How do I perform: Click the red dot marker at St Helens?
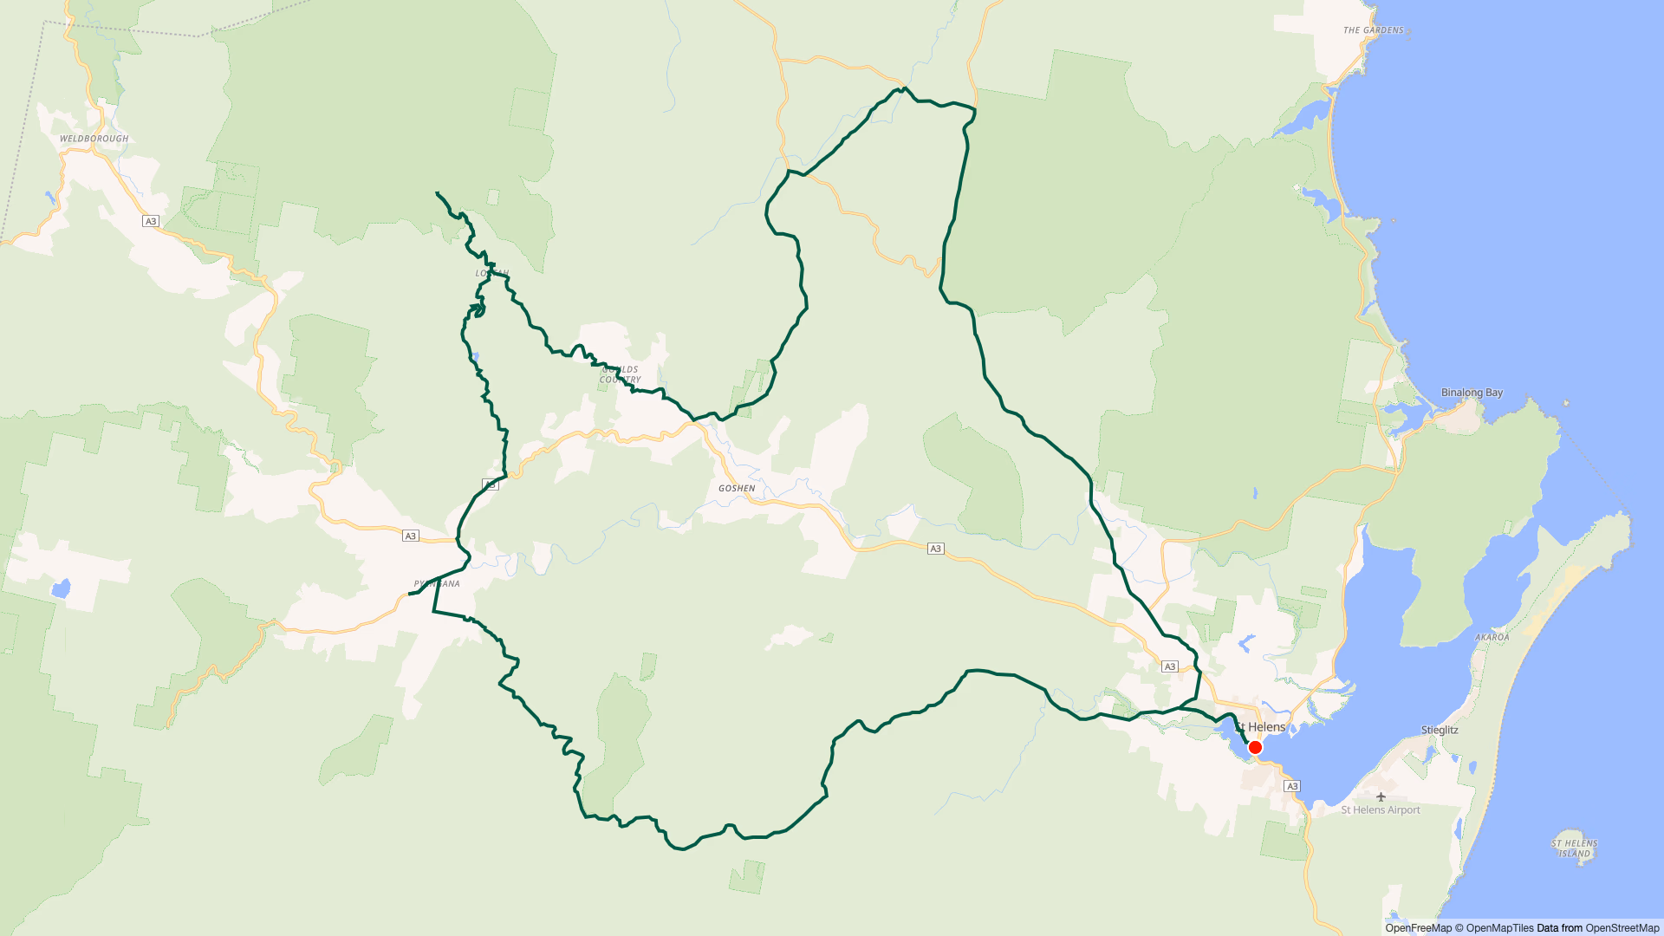point(1255,747)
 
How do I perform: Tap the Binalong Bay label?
point(1472,393)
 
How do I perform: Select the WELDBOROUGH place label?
point(94,139)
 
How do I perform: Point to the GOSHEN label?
point(737,489)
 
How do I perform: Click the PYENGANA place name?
point(438,584)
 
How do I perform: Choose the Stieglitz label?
point(1440,730)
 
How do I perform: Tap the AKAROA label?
point(1492,637)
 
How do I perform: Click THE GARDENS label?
point(1373,30)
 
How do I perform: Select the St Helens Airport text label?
point(1381,810)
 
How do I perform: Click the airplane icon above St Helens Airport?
point(1381,796)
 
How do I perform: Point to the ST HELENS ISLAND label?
point(1574,848)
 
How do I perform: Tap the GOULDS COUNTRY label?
point(621,374)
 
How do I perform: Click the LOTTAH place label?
point(491,273)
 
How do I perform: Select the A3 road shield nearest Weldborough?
point(151,221)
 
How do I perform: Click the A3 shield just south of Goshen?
point(935,549)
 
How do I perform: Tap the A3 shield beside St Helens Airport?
point(1292,786)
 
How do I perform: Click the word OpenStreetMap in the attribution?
point(1622,928)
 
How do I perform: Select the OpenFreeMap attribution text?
point(1418,928)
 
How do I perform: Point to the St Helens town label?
point(1262,727)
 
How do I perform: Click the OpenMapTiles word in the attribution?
point(1499,928)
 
